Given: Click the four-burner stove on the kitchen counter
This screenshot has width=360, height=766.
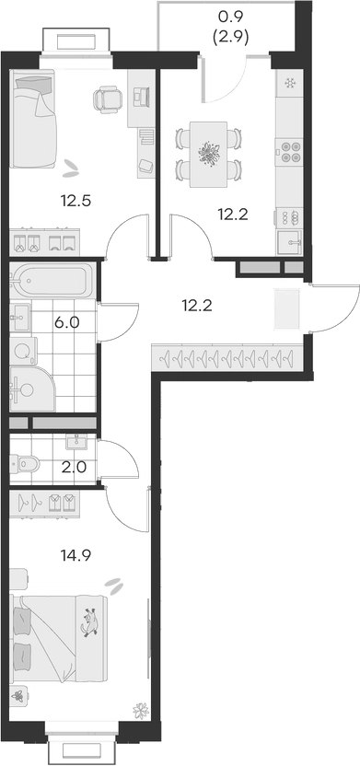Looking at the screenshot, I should [289, 150].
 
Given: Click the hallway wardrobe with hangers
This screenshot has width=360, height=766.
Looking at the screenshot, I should [226, 355].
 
